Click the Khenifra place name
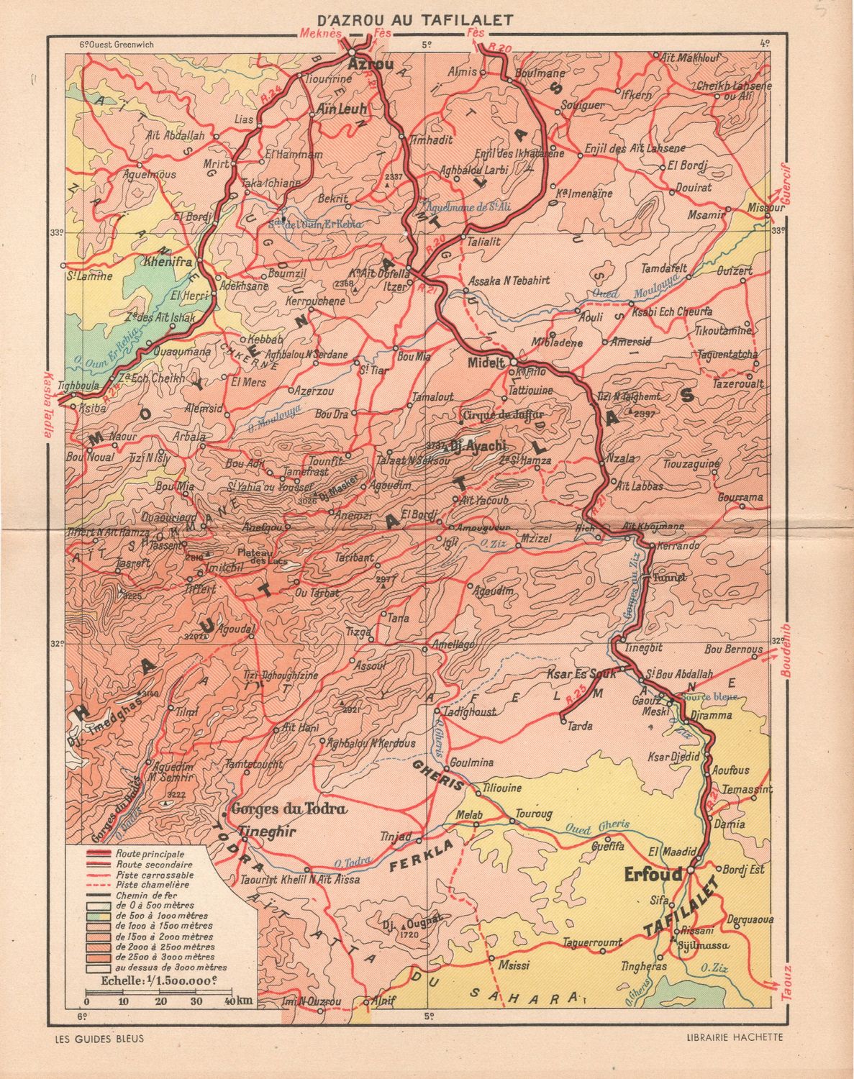pyautogui.click(x=168, y=262)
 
